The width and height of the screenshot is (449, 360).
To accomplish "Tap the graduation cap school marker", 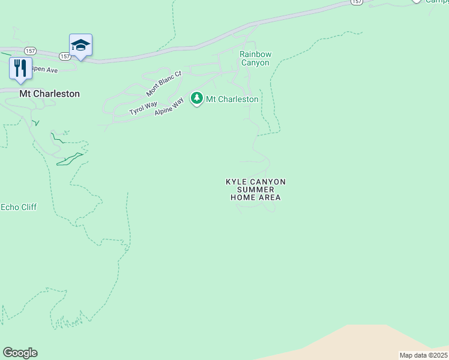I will point(80,45).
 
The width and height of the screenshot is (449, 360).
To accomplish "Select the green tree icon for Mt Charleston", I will point(196,98).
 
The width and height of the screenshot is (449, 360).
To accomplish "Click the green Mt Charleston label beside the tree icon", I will point(232,99).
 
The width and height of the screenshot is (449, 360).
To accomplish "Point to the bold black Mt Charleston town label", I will point(49,94).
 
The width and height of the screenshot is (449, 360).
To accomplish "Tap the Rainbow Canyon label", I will point(255,58).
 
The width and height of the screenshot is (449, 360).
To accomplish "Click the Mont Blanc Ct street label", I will point(164,83).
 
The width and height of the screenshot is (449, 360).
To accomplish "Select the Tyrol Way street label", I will point(143,109).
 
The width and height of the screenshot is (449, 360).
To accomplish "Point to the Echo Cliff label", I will point(19,207).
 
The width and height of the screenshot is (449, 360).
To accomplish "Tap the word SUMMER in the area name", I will point(256,190).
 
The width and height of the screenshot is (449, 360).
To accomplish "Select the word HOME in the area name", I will point(243,197).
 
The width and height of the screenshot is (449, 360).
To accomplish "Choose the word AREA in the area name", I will point(269,197).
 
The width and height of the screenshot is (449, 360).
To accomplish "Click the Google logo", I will point(20,353).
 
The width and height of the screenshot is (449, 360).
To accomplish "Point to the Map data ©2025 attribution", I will point(423,355).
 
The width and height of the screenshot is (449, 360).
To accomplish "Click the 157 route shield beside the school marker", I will point(65,56).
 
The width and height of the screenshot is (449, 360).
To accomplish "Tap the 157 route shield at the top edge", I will point(357,2).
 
